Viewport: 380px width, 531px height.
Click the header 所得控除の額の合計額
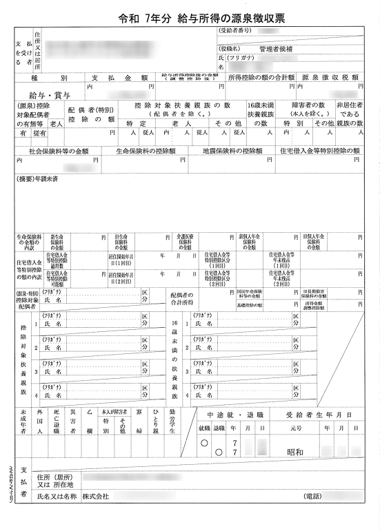click(x=261, y=79)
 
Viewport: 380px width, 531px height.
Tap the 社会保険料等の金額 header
click(x=59, y=150)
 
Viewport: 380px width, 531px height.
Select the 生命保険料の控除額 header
click(x=146, y=150)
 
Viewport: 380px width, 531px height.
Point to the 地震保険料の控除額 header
click(x=232, y=150)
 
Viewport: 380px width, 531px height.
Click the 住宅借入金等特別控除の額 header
click(x=319, y=150)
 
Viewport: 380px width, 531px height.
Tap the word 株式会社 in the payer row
click(x=96, y=495)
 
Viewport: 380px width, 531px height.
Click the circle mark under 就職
click(x=203, y=443)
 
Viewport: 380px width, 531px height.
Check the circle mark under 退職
click(x=219, y=452)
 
